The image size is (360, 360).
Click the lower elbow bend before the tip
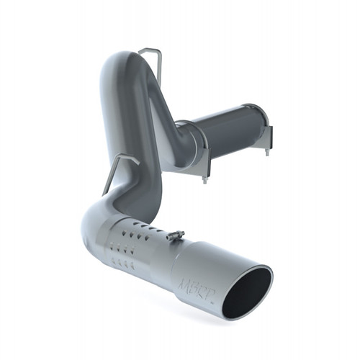96,220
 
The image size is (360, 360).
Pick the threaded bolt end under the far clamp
266,151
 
